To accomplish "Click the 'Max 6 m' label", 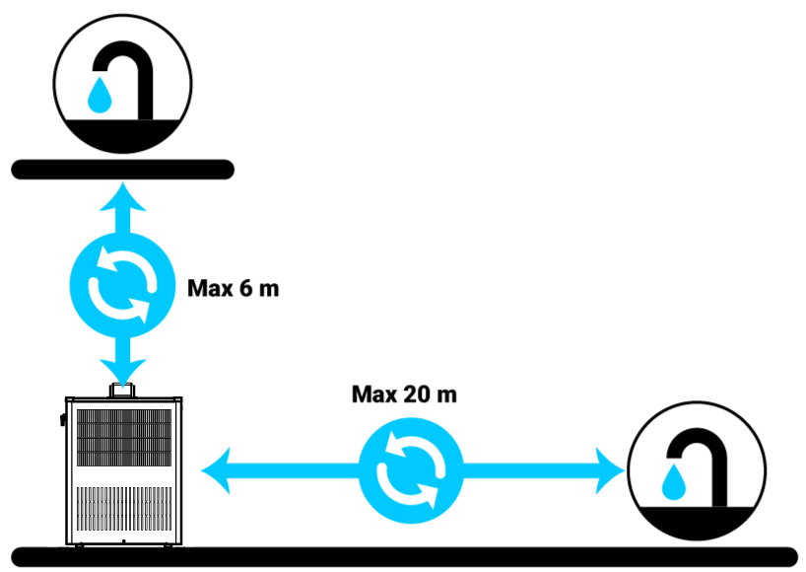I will point(234,290).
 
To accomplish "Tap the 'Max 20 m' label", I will point(404,394).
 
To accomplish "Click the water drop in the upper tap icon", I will point(100,96).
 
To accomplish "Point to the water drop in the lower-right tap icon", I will point(675,481).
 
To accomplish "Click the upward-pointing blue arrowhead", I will point(122,196).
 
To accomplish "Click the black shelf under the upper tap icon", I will point(122,170).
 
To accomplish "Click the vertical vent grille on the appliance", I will point(124,507).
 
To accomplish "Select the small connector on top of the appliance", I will point(123,391).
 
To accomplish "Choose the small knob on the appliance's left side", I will point(62,420).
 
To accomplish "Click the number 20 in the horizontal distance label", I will point(415,394).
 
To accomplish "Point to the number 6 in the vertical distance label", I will point(245,290).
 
